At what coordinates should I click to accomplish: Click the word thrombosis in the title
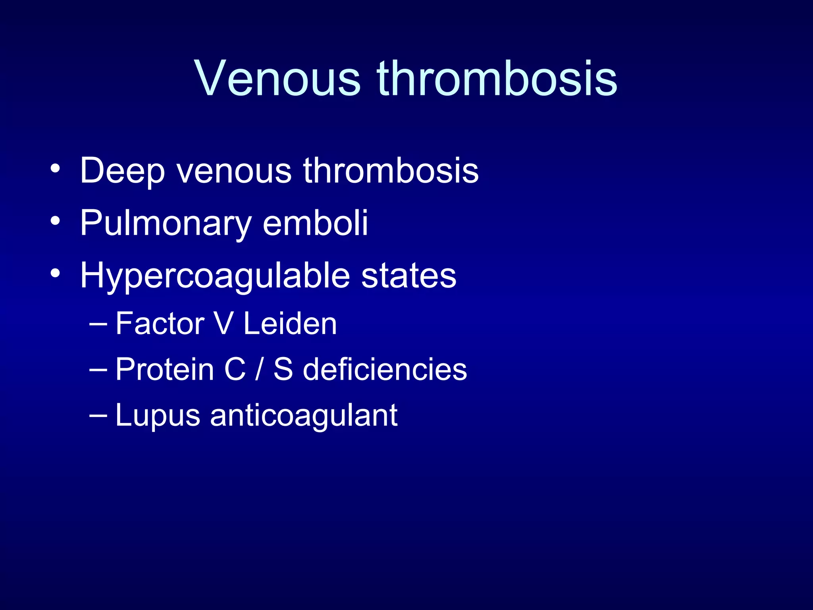pyautogui.click(x=497, y=78)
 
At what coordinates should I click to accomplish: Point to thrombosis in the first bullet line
pyautogui.click(x=391, y=171)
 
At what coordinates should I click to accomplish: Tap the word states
pyautogui.click(x=408, y=276)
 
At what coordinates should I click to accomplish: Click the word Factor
pyautogui.click(x=160, y=324)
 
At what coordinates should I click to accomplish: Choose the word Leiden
pyautogui.click(x=290, y=324)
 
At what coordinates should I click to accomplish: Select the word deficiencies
pyautogui.click(x=385, y=369)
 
